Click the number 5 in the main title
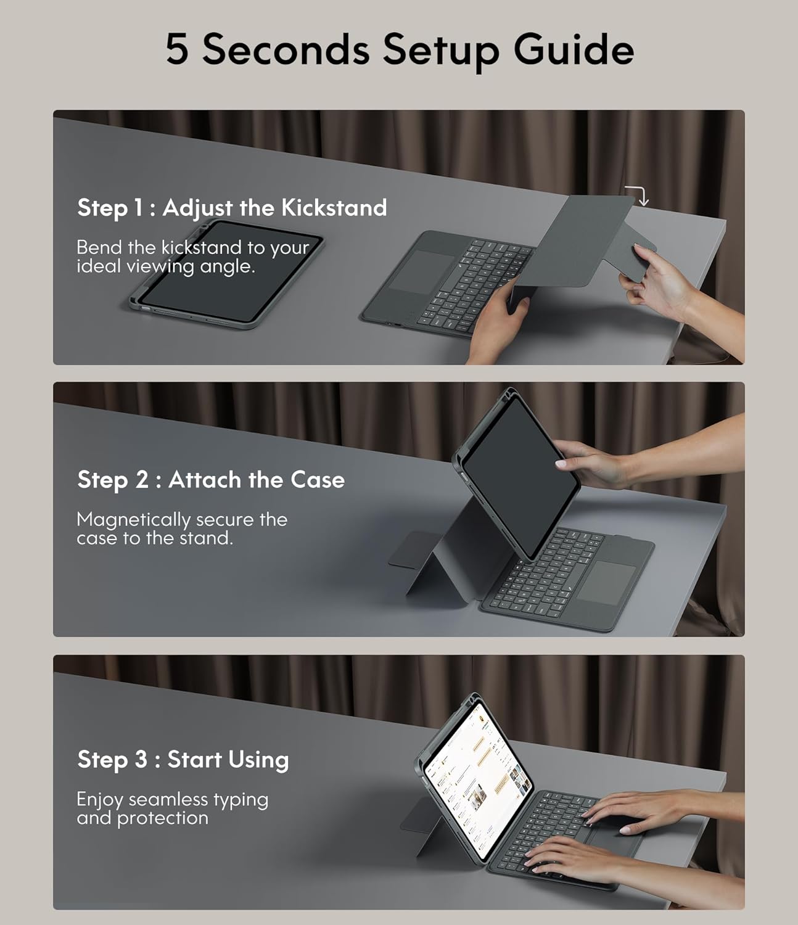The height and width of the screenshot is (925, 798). pyautogui.click(x=177, y=49)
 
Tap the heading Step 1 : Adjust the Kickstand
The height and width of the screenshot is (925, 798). pyautogui.click(x=232, y=208)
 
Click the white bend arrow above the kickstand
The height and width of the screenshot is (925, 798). pyautogui.click(x=638, y=194)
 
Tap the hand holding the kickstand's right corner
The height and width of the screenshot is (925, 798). pyautogui.click(x=657, y=284)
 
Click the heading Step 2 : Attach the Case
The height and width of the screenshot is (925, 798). pyautogui.click(x=211, y=480)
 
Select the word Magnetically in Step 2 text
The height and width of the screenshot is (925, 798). pyautogui.click(x=133, y=520)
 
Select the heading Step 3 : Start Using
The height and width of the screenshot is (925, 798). pyautogui.click(x=183, y=759)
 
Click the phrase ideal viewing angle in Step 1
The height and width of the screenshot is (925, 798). pyautogui.click(x=165, y=266)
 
